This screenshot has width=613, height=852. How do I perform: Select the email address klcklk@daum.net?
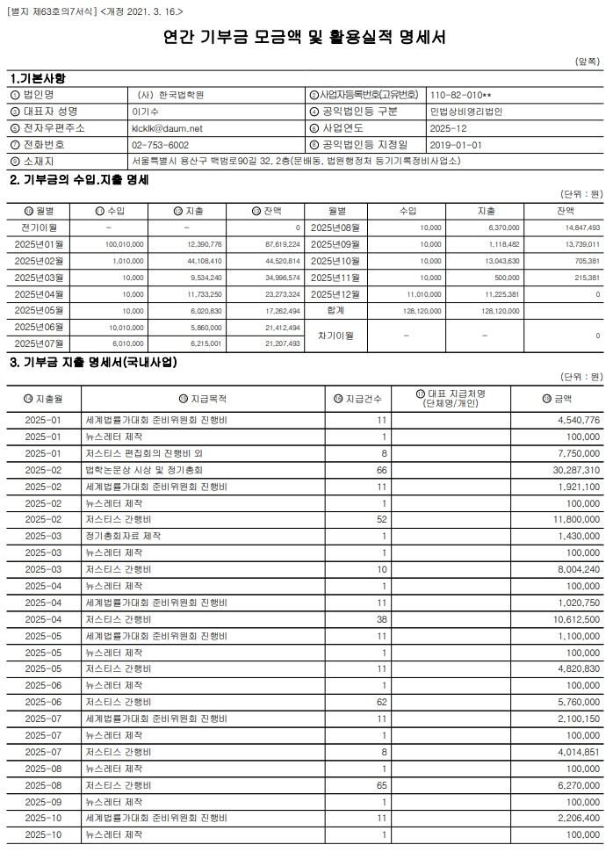click(x=166, y=127)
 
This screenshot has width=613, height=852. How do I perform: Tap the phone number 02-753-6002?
click(x=160, y=144)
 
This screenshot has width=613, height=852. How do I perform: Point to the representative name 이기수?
click(x=144, y=111)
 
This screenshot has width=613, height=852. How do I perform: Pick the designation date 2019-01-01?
click(x=457, y=144)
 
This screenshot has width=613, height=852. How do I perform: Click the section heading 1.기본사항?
click(x=38, y=78)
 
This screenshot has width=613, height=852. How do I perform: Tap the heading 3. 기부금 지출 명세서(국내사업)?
click(x=93, y=362)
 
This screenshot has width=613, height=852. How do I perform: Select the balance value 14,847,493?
click(x=577, y=227)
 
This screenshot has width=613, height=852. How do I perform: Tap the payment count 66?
click(x=382, y=470)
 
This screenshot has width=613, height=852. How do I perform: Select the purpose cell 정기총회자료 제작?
click(x=123, y=535)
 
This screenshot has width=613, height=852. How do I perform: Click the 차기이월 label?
click(x=335, y=335)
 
